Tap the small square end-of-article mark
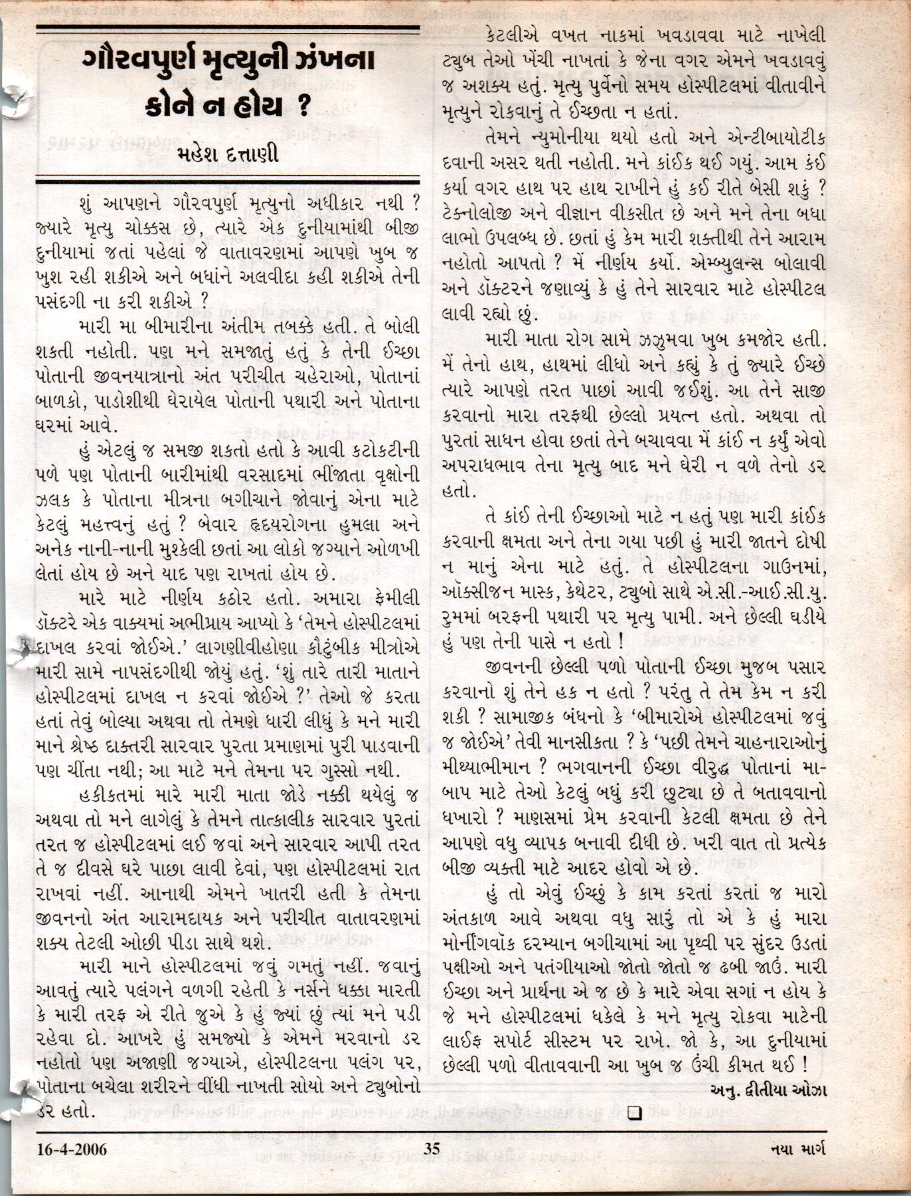[x=634, y=1112]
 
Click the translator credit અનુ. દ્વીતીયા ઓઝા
[x=768, y=1090]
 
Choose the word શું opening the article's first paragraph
[x=89, y=200]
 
